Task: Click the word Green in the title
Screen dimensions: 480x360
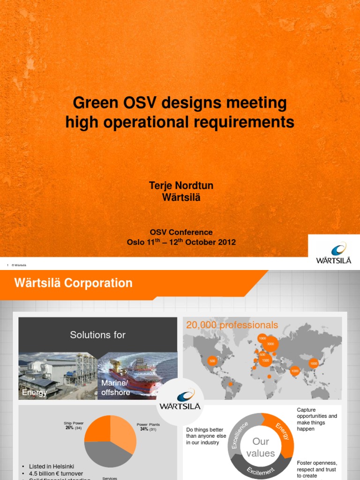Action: tap(94, 103)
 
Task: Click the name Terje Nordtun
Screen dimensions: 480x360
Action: tap(180, 186)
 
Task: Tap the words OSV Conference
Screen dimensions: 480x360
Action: tap(181, 232)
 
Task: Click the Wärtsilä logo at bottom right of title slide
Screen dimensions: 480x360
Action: tap(334, 253)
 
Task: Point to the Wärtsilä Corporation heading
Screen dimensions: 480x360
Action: tap(74, 283)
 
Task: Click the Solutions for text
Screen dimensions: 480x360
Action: tap(97, 335)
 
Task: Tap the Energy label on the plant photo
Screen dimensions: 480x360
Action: tap(35, 393)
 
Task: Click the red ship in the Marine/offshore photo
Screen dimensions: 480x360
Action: tap(136, 375)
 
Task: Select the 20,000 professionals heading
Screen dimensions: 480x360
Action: tap(232, 325)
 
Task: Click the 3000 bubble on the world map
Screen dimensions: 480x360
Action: tap(270, 344)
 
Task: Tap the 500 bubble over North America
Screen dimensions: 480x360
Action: tap(212, 361)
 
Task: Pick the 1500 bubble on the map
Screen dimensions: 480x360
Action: tap(265, 360)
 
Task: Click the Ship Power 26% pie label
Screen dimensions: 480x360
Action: tap(74, 426)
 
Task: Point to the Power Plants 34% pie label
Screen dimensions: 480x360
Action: tap(148, 427)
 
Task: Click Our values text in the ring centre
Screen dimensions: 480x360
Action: tap(261, 447)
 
